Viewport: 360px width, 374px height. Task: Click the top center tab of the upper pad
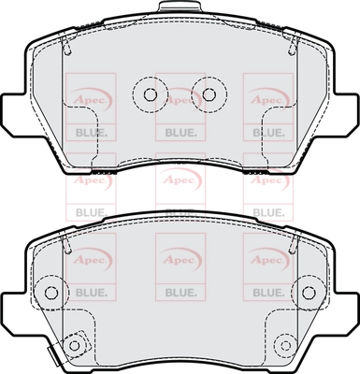180,7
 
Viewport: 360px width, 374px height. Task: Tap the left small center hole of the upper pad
151,93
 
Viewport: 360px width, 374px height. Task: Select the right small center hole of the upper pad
209,93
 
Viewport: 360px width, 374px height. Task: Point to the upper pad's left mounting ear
13,114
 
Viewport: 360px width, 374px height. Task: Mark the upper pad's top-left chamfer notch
67,45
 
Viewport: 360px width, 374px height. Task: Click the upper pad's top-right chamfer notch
293,45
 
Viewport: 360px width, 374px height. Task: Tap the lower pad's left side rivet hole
51,293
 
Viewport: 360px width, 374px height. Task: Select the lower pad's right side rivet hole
309,293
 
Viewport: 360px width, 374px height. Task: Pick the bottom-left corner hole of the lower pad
74,345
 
